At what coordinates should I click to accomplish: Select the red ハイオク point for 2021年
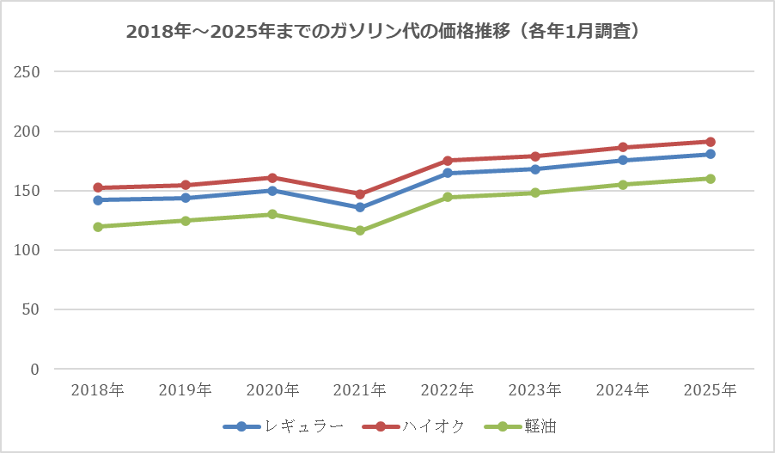(360, 194)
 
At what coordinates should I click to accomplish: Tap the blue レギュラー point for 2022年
(448, 173)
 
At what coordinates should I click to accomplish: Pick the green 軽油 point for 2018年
(98, 227)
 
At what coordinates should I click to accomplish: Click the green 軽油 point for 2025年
(711, 179)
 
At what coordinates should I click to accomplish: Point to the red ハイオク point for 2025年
(711, 142)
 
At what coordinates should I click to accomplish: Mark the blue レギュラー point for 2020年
(272, 191)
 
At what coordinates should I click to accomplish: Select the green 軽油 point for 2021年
(360, 230)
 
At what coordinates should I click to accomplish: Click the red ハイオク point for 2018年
(98, 187)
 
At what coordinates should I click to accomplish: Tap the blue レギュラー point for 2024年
(623, 160)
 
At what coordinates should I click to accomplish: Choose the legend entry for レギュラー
(284, 426)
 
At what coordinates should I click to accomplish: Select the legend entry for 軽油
(520, 426)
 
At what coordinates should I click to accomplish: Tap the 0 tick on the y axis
(35, 370)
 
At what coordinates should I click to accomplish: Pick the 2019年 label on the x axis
(185, 390)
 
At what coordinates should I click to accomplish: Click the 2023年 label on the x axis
(535, 390)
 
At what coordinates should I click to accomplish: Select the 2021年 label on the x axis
(360, 390)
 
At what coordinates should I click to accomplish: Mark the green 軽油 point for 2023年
(535, 193)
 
